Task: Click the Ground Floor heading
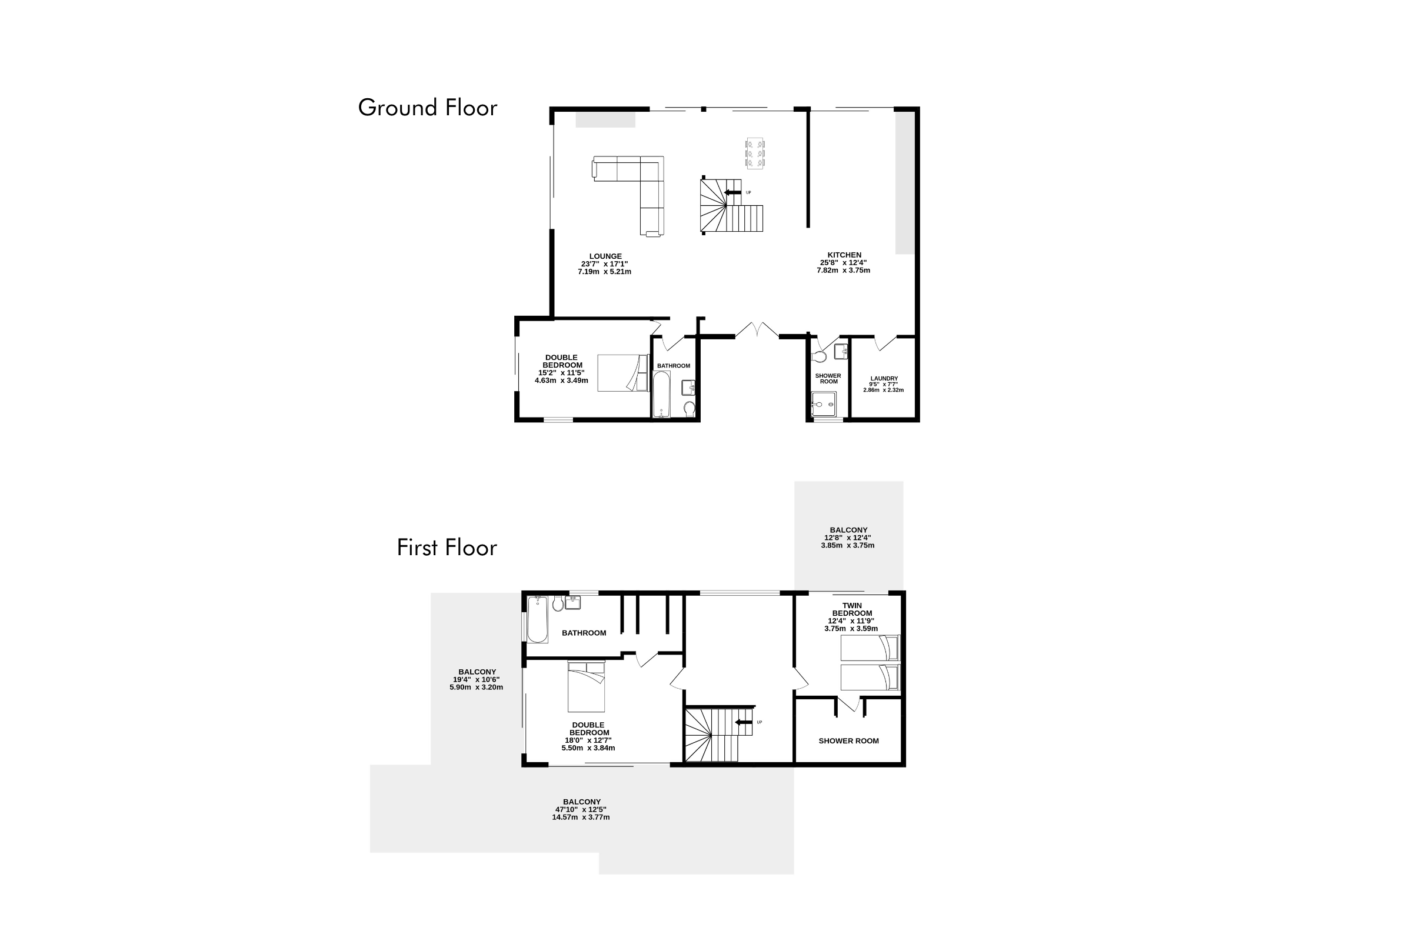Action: coord(428,108)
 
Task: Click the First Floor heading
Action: coord(447,548)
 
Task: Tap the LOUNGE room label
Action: coord(605,256)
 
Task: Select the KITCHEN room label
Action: coord(844,255)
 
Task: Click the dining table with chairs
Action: coord(755,154)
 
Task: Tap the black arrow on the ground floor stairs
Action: coord(732,193)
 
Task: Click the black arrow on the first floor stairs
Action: coord(744,722)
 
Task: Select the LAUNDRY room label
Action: coord(884,379)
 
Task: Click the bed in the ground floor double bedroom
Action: coord(623,373)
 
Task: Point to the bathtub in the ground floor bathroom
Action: coord(661,393)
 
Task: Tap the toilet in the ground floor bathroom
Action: coord(689,409)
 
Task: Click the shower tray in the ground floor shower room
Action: coord(824,404)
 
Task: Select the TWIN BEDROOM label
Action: coord(852,609)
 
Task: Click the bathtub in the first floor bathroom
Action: coord(537,619)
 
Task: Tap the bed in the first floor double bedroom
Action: coord(587,686)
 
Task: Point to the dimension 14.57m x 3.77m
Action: coord(581,817)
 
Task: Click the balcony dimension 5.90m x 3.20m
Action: coord(476,687)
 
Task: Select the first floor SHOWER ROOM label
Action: coord(848,741)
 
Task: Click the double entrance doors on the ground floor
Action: coord(757,330)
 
